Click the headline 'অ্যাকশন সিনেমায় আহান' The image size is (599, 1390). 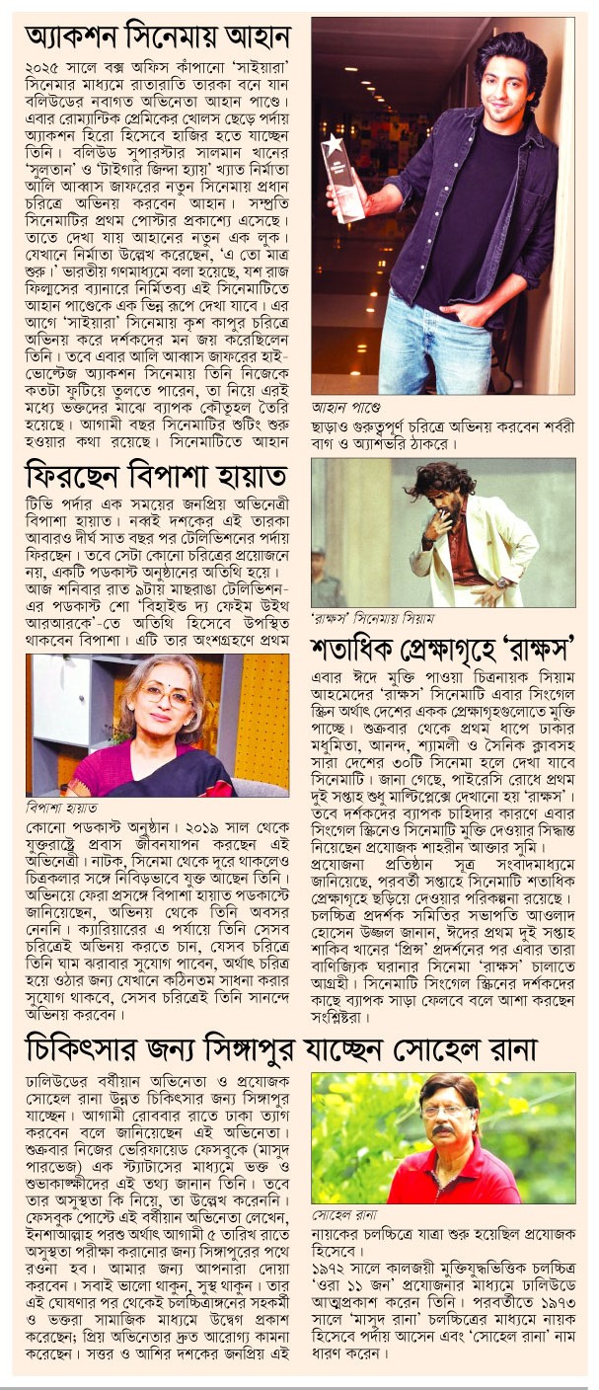coord(158,39)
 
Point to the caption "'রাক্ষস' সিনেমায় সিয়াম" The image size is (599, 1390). coord(364,619)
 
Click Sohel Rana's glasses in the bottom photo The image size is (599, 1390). coord(446,1112)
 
